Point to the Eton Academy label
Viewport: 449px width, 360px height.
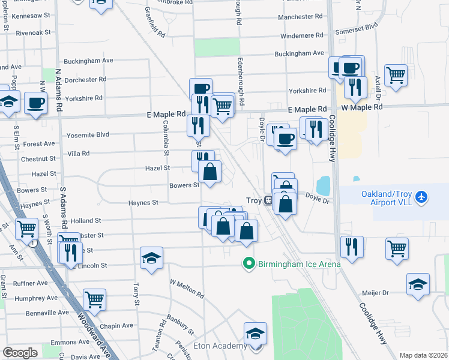click(x=220, y=346)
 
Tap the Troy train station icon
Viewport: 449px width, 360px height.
click(x=269, y=200)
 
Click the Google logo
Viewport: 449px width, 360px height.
click(x=20, y=353)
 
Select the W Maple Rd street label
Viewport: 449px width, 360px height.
click(x=362, y=107)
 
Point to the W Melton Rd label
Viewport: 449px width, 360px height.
click(x=187, y=288)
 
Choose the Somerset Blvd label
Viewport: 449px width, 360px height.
click(x=358, y=26)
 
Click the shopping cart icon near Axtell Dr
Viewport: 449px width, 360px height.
click(x=396, y=76)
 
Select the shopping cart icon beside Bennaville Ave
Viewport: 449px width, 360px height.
click(x=94, y=299)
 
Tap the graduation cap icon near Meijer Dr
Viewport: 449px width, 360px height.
click(x=418, y=284)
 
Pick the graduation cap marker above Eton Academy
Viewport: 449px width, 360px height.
click(x=255, y=333)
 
